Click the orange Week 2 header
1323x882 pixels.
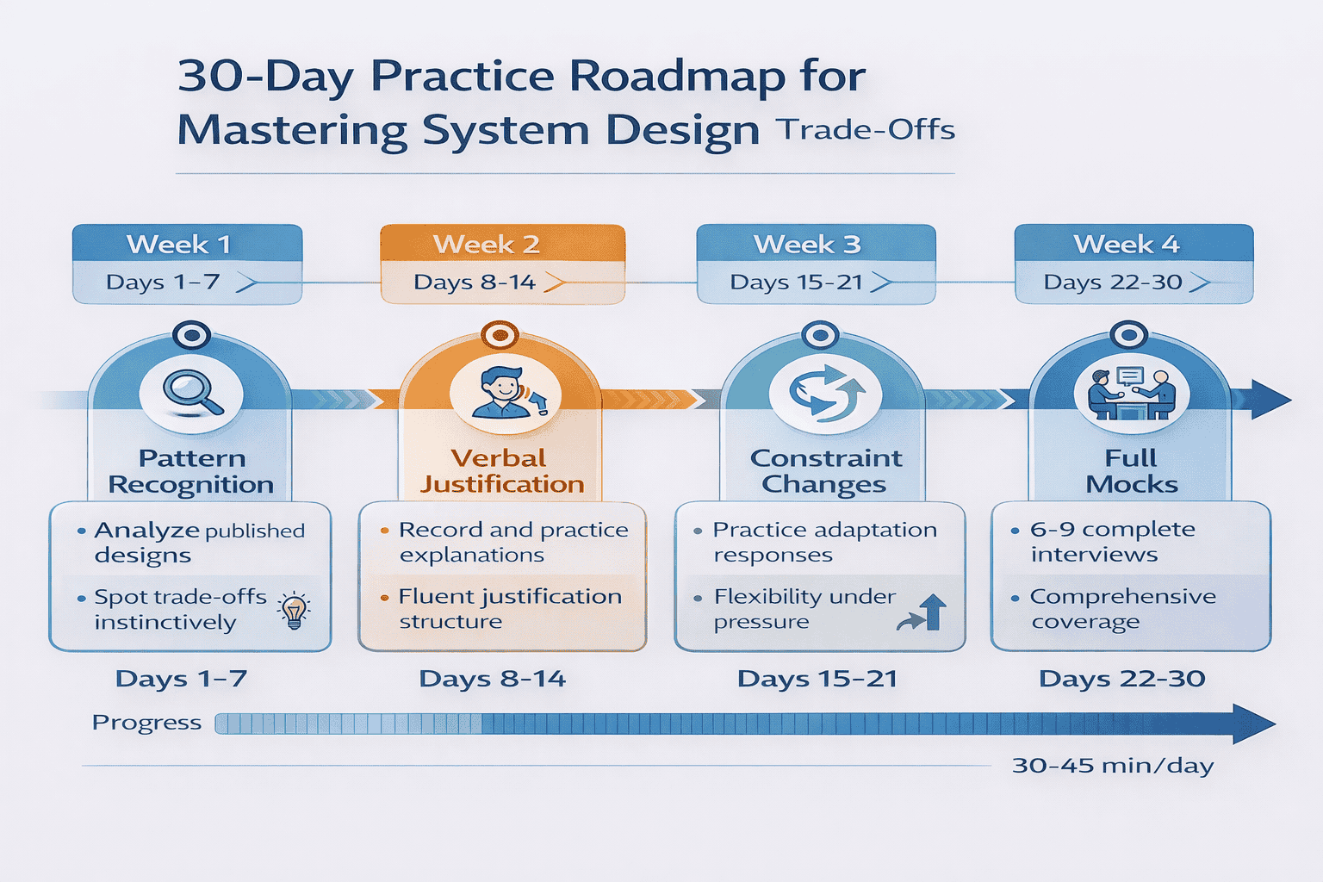coord(502,245)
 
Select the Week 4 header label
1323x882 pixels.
coord(1133,245)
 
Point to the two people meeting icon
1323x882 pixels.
coord(1132,394)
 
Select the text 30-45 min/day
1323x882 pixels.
coord(1113,766)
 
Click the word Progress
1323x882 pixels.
coord(146,723)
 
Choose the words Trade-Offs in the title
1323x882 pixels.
coord(865,130)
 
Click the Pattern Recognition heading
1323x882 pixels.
coord(192,471)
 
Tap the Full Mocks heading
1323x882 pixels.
coord(1131,471)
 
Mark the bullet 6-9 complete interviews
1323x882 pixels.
coord(1111,542)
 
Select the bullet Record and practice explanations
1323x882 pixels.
coord(512,542)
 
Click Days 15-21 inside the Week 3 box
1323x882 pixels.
coord(796,283)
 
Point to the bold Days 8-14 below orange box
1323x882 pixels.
coord(492,679)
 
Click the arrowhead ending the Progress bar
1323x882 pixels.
coord(1253,724)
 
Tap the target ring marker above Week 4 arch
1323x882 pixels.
coord(1128,334)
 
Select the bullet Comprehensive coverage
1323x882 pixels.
coord(1121,609)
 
